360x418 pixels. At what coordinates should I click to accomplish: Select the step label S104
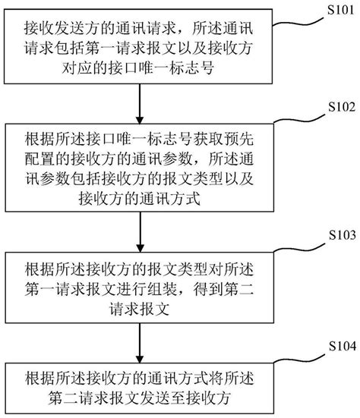point(337,346)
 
